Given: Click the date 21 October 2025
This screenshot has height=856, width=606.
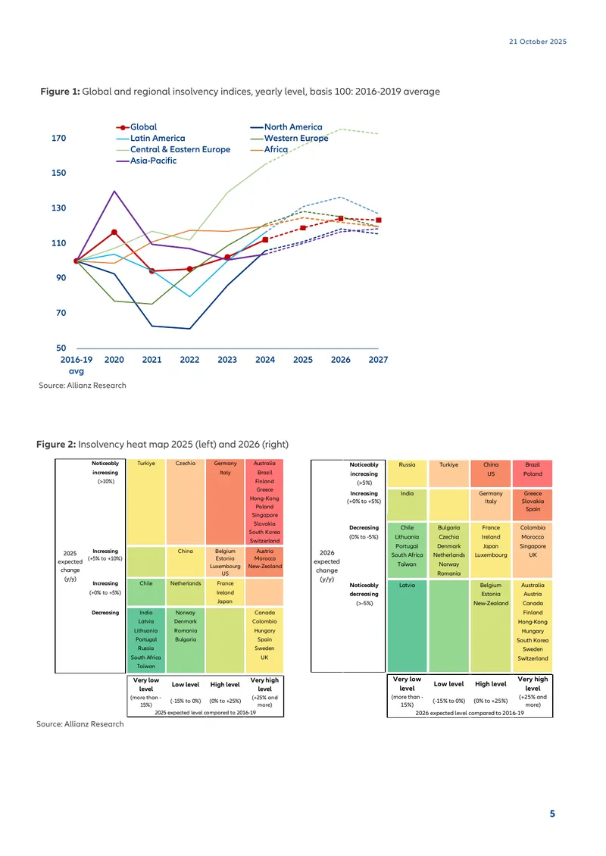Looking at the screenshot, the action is coord(538,42).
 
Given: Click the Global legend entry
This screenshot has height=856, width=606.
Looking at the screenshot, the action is coord(136,127).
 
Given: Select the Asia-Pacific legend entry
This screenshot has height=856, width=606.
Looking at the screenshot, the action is coord(146,161).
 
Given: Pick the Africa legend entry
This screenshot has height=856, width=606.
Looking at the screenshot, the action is coord(269,149).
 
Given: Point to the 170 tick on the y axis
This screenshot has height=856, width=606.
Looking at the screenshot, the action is coord(58,138).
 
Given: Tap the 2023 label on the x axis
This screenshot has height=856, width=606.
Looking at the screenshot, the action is coord(227,360).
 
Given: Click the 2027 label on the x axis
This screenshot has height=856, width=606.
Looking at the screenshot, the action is coord(378,360).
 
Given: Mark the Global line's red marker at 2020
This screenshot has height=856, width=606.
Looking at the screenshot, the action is coord(114,232).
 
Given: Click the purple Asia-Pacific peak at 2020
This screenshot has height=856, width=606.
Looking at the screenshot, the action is coord(114,191).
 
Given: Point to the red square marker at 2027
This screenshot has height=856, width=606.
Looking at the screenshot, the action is coord(378,220).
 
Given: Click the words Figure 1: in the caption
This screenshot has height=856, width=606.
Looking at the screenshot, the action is coord(60,92).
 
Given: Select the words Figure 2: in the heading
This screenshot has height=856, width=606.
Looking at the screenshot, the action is coord(56,445).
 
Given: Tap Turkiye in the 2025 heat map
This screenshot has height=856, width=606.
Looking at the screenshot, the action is coord(145,464).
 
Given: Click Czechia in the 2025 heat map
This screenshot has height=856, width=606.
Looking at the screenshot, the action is coord(185,464).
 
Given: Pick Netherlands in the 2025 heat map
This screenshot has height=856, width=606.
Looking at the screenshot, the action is coord(185,583).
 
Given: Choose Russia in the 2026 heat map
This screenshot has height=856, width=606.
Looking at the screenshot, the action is coord(407,465).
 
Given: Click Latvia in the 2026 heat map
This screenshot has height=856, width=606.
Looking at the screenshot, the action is coord(407,586).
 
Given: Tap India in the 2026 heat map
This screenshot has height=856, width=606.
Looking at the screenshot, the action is coord(407,493).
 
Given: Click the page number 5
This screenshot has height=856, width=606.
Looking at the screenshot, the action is coord(552,814).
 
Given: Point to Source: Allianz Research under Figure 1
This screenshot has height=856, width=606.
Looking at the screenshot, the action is coord(83,386).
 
